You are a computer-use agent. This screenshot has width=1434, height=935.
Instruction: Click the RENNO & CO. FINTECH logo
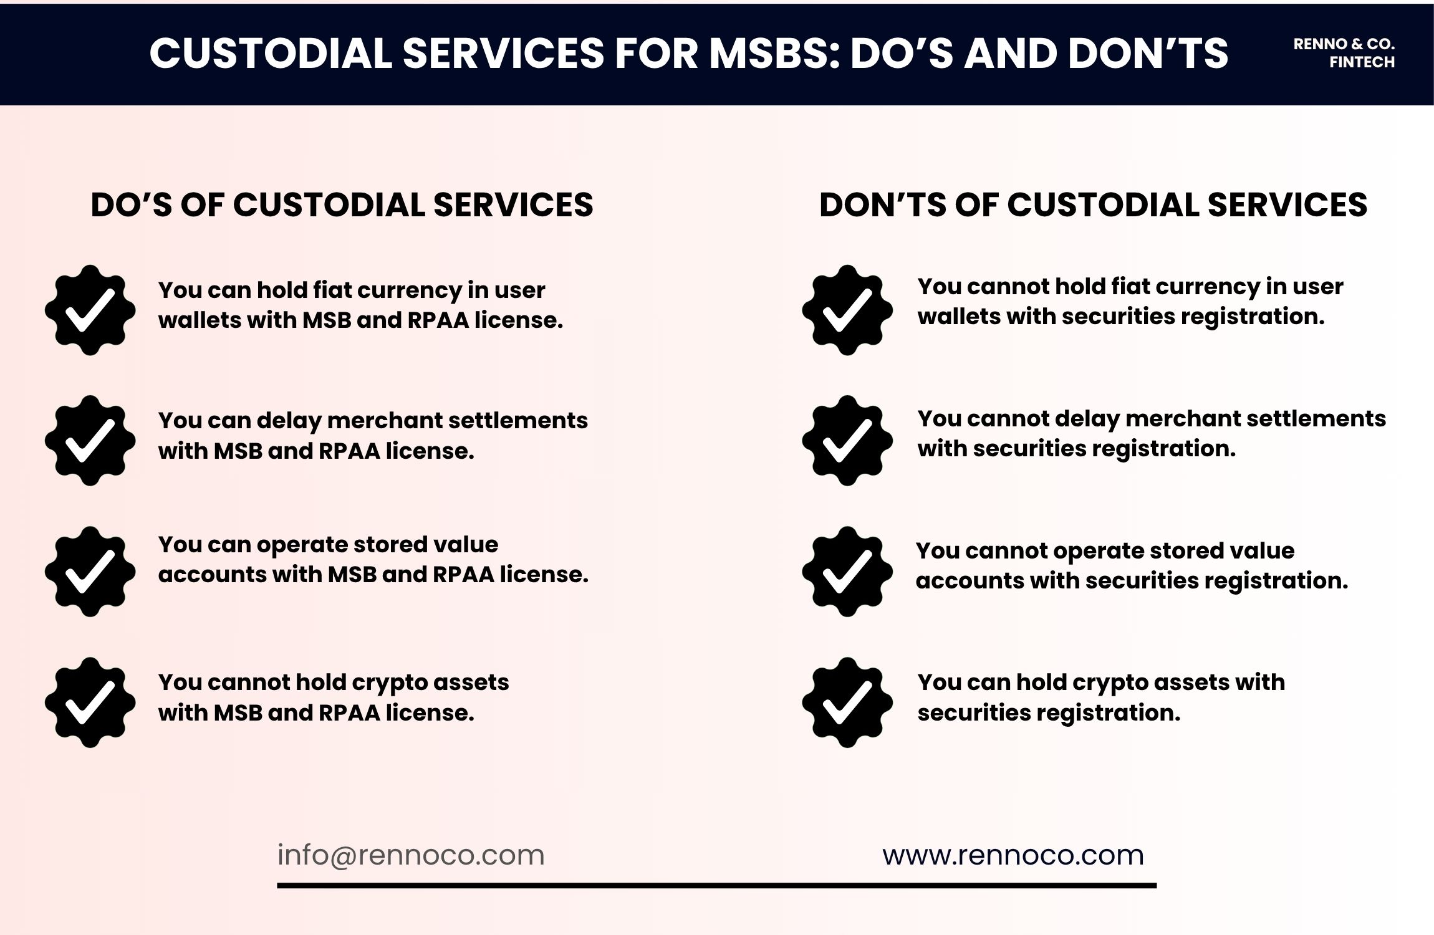(x=1344, y=53)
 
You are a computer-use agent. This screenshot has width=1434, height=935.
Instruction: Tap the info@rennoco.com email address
(x=411, y=855)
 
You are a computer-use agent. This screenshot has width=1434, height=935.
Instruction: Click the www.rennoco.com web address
(x=1013, y=855)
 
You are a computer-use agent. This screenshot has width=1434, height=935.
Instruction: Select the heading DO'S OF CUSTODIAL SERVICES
(x=342, y=205)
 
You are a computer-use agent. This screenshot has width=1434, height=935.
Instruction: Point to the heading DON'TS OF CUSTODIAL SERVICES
(x=1093, y=205)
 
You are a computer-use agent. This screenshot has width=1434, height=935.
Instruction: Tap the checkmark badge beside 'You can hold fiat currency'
(x=90, y=310)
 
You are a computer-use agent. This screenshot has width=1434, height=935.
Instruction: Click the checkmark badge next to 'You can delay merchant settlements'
(x=90, y=441)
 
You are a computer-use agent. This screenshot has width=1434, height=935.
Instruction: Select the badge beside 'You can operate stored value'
(x=90, y=572)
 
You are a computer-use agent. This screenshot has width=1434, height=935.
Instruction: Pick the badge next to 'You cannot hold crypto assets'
(x=90, y=702)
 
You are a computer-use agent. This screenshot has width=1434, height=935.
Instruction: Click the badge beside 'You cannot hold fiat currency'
(x=847, y=310)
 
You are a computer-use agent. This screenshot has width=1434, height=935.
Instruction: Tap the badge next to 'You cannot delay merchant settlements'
(x=847, y=441)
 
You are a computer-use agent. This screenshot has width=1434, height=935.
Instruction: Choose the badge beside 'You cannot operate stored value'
(x=847, y=572)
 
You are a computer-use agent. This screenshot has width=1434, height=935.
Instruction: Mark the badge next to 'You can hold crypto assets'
(x=847, y=702)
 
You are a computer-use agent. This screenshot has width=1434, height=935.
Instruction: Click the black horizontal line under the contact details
(x=716, y=885)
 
